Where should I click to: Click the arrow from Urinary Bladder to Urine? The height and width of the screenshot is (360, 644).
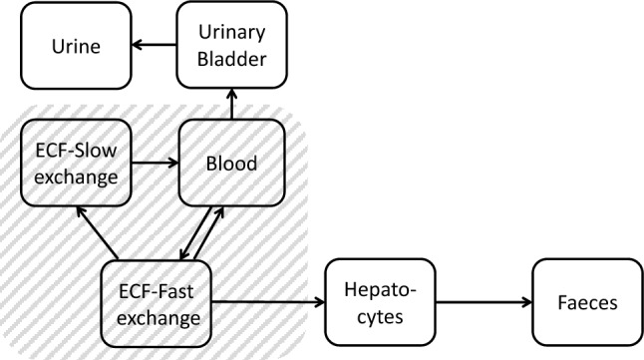[156, 45]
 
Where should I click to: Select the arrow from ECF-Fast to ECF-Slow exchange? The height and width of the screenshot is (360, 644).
[96, 231]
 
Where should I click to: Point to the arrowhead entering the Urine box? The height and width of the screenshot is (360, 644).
[138, 45]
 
